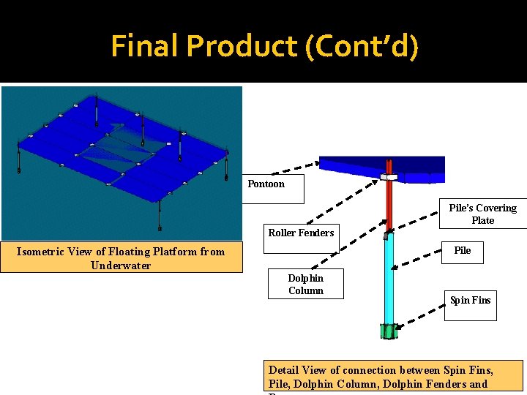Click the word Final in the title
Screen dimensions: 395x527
click(x=145, y=46)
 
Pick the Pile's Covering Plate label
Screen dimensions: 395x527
click(x=482, y=214)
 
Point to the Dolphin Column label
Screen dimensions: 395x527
click(x=305, y=284)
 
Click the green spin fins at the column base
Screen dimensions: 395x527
click(x=388, y=331)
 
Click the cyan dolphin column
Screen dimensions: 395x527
click(x=389, y=278)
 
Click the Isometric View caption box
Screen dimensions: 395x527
click(x=122, y=258)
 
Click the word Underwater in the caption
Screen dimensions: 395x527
click(x=121, y=266)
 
